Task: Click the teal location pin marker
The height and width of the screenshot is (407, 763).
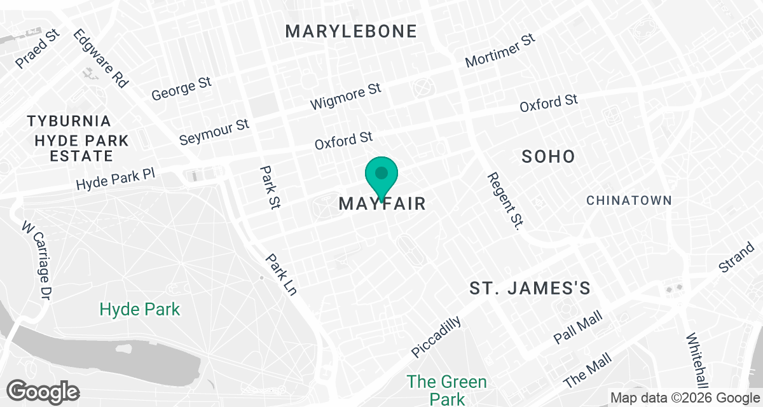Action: click(x=381, y=176)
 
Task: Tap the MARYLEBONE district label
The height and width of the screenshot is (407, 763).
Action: click(x=351, y=31)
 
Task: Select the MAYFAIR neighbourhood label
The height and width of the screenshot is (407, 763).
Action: click(x=381, y=204)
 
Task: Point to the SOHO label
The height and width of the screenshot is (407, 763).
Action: click(x=548, y=156)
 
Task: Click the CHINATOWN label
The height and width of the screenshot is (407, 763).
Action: click(x=628, y=200)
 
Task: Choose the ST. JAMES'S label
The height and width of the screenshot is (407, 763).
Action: click(x=530, y=289)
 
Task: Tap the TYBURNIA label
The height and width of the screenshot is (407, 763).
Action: click(x=69, y=121)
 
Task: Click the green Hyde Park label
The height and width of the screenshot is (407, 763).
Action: click(x=140, y=310)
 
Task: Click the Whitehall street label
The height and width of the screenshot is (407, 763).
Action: click(x=697, y=359)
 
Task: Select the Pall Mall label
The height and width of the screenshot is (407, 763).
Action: click(x=577, y=328)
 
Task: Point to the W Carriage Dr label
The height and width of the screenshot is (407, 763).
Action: click(x=36, y=261)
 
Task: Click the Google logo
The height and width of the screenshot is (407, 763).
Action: click(x=43, y=391)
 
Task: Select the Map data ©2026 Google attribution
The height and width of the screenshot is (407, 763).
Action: click(x=684, y=397)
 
